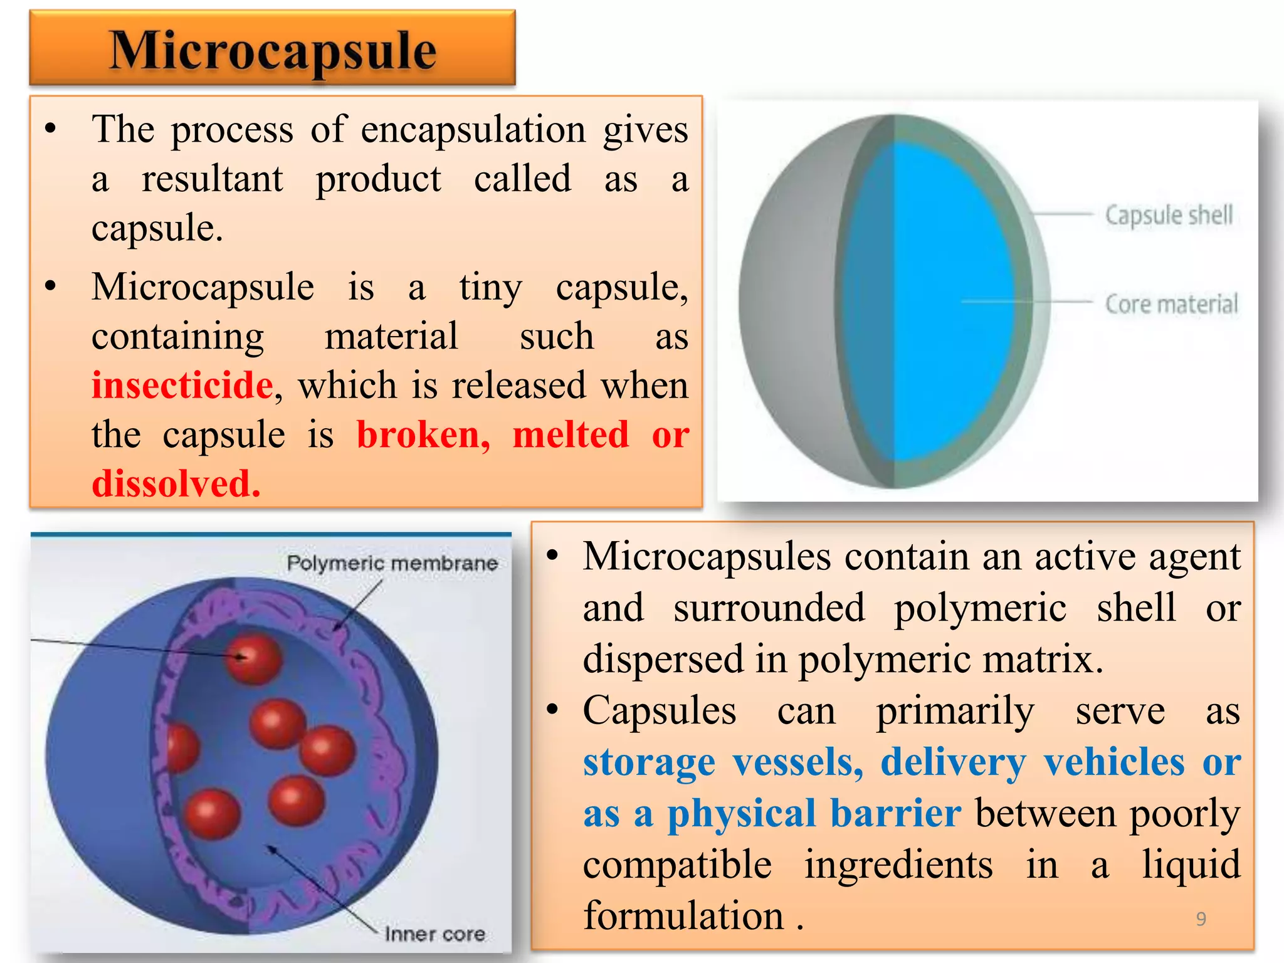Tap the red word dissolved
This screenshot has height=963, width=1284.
(x=176, y=484)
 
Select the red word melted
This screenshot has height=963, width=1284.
(x=571, y=434)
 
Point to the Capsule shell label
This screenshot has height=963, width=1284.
(x=1169, y=215)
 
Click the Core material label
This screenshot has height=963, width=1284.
(x=1171, y=304)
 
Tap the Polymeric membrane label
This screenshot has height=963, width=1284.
(x=392, y=563)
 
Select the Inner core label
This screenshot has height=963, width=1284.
(x=435, y=934)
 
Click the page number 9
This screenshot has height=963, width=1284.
(x=1201, y=919)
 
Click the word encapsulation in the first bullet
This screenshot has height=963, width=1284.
(x=473, y=130)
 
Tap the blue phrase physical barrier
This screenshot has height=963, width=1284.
(x=813, y=814)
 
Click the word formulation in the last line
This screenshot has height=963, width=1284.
(x=683, y=915)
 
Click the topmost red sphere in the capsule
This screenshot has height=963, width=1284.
(x=254, y=658)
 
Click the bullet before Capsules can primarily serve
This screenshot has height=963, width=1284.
(x=552, y=710)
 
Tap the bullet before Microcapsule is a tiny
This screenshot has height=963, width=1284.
(x=51, y=287)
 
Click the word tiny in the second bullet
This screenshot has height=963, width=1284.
(x=490, y=288)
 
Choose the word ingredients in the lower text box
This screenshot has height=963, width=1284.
(x=898, y=864)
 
